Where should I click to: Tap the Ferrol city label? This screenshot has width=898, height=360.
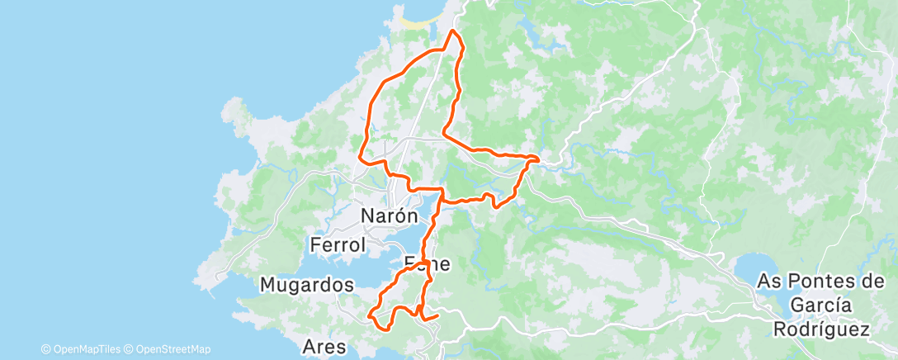click(338, 245)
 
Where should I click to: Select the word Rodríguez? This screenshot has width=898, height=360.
click(821, 329)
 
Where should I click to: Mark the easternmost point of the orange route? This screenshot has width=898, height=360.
click(538, 157)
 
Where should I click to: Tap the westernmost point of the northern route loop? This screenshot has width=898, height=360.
click(359, 154)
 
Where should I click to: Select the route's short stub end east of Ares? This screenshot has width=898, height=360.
click(436, 314)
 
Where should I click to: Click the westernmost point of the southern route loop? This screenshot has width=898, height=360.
click(370, 315)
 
